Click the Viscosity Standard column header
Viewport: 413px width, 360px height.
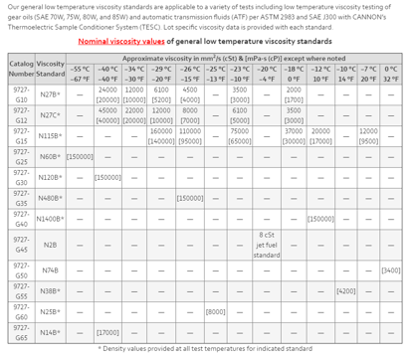point(50,69)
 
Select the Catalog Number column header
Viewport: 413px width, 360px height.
point(20,69)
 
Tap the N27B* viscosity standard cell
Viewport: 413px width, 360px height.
point(49,94)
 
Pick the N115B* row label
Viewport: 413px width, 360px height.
point(49,135)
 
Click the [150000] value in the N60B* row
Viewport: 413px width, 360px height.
point(81,156)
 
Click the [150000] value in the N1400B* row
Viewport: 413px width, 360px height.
point(321,219)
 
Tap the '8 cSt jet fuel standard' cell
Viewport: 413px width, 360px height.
point(267,245)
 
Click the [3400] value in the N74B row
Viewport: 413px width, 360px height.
point(391,270)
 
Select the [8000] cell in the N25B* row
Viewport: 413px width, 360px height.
point(215,312)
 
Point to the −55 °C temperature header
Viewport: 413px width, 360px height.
point(81,69)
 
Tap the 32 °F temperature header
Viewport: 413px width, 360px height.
point(391,79)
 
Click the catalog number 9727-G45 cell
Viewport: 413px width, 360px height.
point(20,245)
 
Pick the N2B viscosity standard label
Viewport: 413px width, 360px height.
point(49,245)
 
